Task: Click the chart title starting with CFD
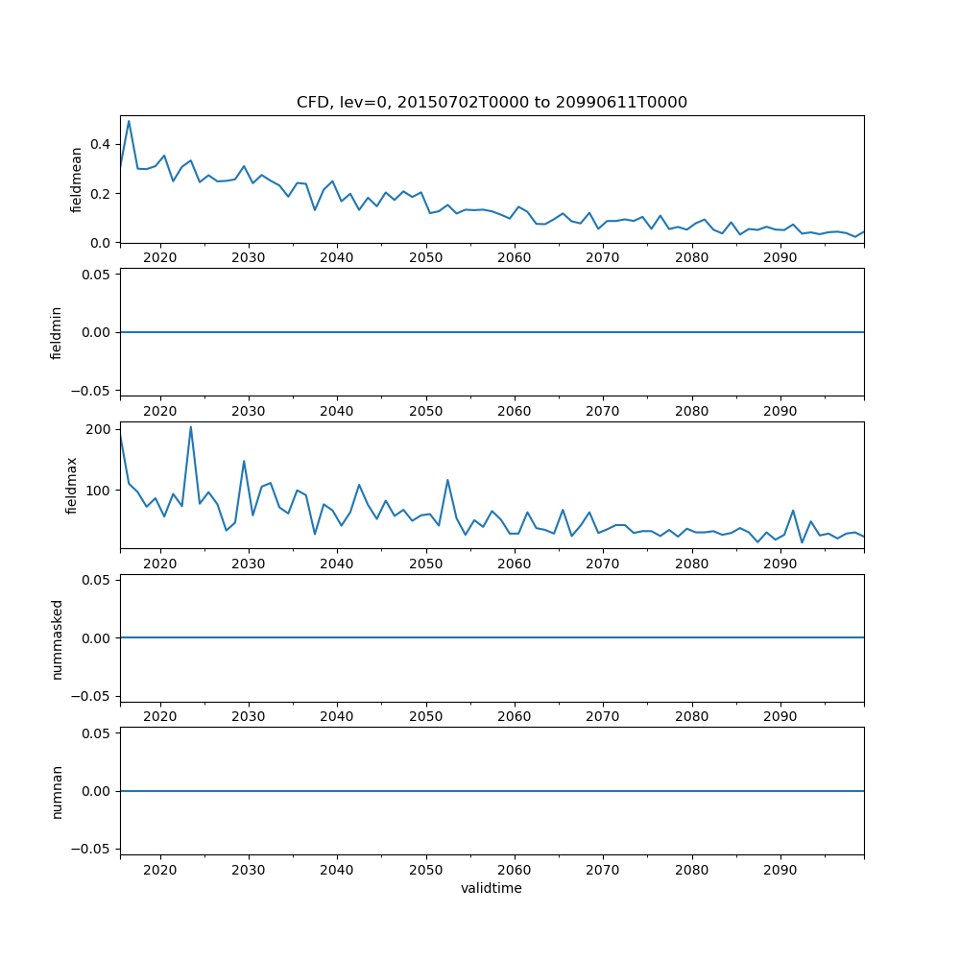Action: click(492, 103)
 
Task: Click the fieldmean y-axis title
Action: click(76, 180)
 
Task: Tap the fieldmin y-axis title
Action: click(57, 332)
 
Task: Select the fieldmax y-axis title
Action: click(72, 485)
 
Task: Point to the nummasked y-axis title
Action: click(57, 638)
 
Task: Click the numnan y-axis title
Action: click(57, 791)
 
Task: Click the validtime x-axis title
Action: click(492, 889)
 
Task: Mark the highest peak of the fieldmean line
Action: click(129, 121)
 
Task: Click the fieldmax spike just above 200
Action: click(191, 426)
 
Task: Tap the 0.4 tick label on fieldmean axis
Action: click(100, 144)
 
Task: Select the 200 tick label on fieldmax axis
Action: click(98, 429)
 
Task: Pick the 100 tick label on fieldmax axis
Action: click(98, 491)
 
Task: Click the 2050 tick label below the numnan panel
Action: click(425, 870)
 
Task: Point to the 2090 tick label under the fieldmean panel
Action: click(780, 258)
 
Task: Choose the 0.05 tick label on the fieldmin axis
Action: click(96, 275)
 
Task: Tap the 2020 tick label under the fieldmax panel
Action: click(159, 564)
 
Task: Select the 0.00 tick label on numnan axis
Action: click(96, 791)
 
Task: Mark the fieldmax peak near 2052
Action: click(447, 480)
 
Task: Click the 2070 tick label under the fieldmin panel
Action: click(602, 411)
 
